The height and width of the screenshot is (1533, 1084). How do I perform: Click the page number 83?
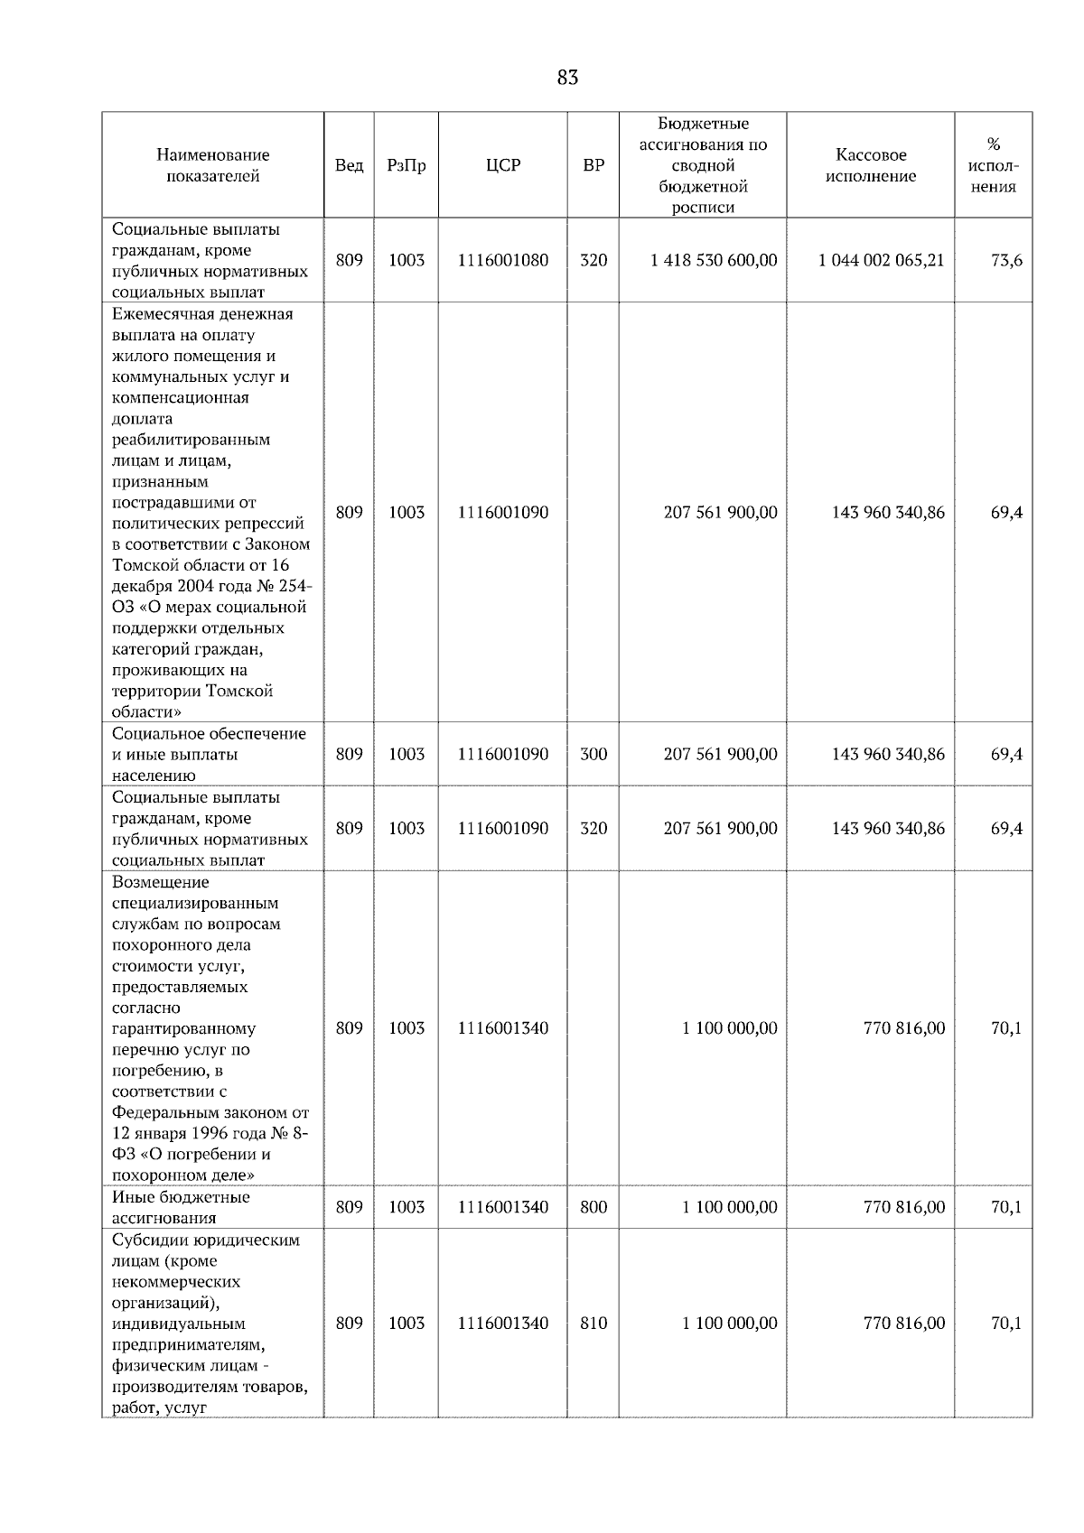point(567,78)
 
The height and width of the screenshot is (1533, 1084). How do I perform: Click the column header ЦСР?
point(502,165)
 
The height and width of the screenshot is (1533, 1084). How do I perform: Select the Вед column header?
point(349,165)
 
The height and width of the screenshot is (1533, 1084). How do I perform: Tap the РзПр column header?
point(406,165)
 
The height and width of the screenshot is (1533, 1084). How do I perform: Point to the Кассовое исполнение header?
point(870,165)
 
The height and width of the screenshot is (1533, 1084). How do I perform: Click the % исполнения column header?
point(993,165)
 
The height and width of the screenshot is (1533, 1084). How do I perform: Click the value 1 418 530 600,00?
point(713,260)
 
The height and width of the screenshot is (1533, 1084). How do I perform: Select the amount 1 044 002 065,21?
point(881,260)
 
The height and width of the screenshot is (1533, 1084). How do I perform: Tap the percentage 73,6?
point(1006,260)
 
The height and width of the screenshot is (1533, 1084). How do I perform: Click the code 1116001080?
point(502,260)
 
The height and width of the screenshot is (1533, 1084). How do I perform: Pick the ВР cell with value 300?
point(593,754)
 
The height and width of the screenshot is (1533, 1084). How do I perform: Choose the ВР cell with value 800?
point(593,1207)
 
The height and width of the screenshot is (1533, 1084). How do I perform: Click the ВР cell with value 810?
point(593,1323)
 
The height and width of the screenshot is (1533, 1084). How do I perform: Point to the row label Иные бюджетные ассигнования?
point(181,1207)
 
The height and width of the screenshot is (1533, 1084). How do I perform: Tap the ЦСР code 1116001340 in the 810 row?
point(502,1323)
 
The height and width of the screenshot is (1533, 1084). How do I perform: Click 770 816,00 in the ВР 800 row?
point(904,1207)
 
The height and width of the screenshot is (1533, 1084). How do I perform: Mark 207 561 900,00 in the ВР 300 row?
point(720,754)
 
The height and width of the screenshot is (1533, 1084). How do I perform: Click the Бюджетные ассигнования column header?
point(702,165)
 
